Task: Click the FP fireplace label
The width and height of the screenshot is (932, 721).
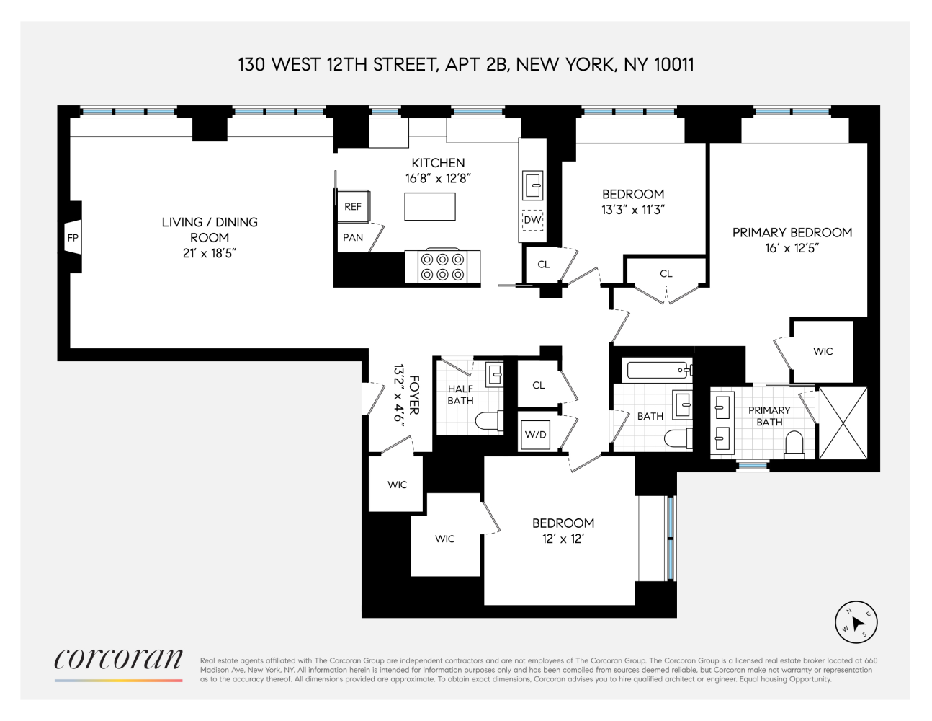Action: pyautogui.click(x=73, y=238)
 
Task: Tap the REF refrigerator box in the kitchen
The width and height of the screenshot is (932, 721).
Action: pyautogui.click(x=353, y=206)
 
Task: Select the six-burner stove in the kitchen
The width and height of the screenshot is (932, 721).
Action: pyautogui.click(x=442, y=266)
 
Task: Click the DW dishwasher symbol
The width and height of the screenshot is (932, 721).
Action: pyautogui.click(x=532, y=220)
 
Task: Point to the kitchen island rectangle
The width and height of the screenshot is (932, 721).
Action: pyautogui.click(x=430, y=206)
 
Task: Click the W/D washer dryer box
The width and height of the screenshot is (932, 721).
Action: pyautogui.click(x=535, y=435)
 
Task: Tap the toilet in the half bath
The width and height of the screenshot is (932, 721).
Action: pyautogui.click(x=491, y=422)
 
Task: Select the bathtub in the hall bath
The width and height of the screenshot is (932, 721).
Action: pyautogui.click(x=659, y=371)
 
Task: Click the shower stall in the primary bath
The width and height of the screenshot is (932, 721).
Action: pyautogui.click(x=843, y=423)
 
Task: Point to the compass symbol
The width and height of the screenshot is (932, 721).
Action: pyautogui.click(x=856, y=622)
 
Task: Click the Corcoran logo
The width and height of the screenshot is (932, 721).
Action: pyautogui.click(x=118, y=660)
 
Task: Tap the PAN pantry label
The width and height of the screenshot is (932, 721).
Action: pyautogui.click(x=353, y=237)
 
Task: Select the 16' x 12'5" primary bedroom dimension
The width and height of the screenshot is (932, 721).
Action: pyautogui.click(x=792, y=248)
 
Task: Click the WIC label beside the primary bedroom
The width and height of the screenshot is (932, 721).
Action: pyautogui.click(x=823, y=351)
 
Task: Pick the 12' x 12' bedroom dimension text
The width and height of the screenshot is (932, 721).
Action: pyautogui.click(x=563, y=539)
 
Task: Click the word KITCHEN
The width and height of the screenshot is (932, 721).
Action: pyautogui.click(x=438, y=163)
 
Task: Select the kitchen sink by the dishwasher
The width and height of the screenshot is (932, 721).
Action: pyautogui.click(x=533, y=185)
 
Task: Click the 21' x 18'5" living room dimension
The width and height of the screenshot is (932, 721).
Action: pyautogui.click(x=210, y=253)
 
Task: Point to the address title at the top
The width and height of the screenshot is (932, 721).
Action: pyautogui.click(x=466, y=65)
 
